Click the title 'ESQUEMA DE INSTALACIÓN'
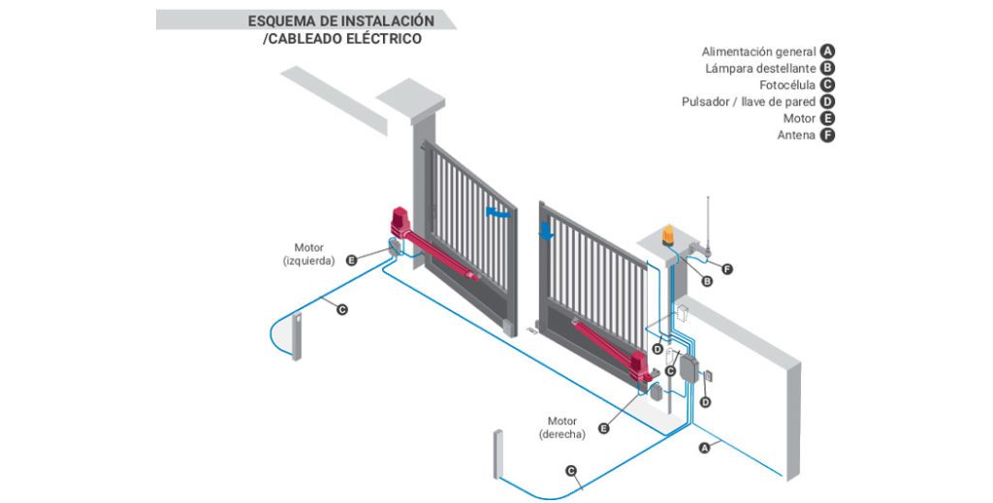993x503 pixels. click(340, 20)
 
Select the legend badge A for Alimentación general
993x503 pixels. click(827, 51)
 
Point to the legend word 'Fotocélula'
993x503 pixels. click(786, 85)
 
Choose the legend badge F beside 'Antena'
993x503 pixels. click(827, 136)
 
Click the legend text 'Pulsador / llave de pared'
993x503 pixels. click(749, 102)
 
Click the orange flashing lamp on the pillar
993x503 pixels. click(671, 236)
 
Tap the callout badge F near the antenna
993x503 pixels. click(728, 268)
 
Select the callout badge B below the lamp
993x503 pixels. click(707, 282)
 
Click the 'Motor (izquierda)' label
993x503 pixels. click(308, 254)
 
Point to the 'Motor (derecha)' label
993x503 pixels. click(562, 427)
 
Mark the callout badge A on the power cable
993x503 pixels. click(706, 448)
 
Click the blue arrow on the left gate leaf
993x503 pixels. click(497, 210)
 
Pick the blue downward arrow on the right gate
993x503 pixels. click(547, 231)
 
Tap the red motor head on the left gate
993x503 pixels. click(400, 222)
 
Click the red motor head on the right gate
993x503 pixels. click(640, 366)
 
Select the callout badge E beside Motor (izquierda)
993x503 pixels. click(352, 260)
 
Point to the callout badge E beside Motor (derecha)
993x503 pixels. click(604, 427)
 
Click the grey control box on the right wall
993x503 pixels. click(689, 370)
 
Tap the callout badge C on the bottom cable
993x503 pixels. click(571, 472)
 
